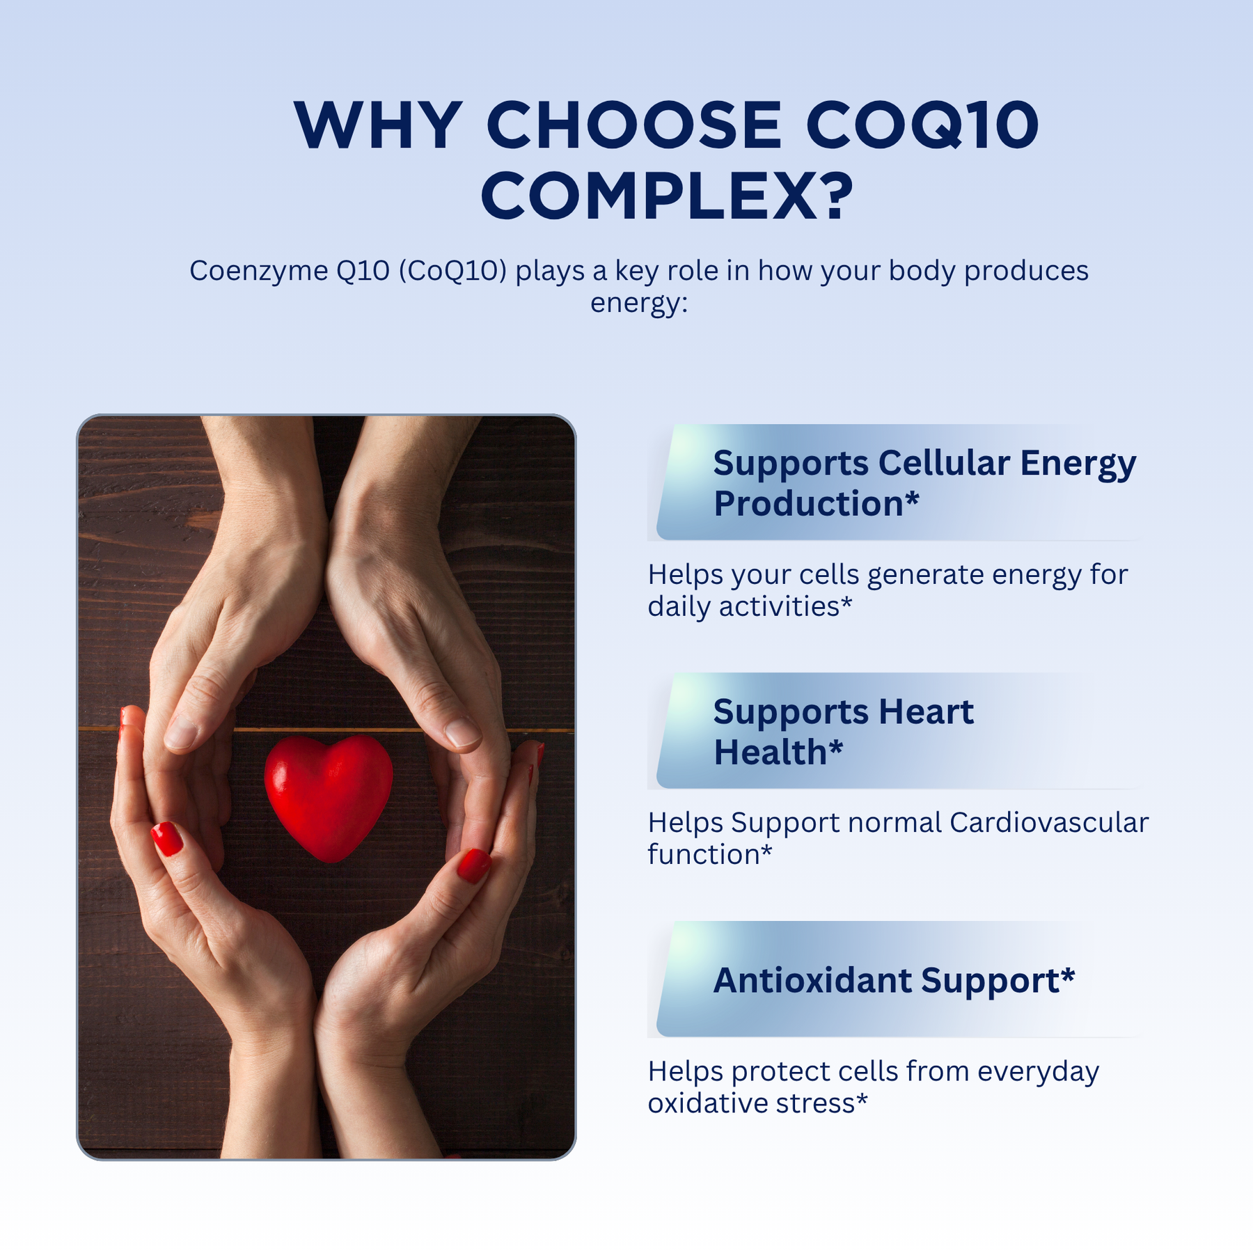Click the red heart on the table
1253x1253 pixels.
pos(329,798)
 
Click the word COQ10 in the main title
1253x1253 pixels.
pos(923,125)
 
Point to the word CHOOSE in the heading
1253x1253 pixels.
pos(634,125)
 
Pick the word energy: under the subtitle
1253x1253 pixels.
pos(639,304)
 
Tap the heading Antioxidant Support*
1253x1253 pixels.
pos(894,980)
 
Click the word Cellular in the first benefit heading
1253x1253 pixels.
pos(944,463)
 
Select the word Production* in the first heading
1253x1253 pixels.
pos(817,503)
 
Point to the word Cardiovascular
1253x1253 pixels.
pos(1048,823)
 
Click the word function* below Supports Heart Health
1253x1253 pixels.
pos(710,855)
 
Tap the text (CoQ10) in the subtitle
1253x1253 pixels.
pos(452,271)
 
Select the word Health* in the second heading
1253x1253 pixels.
pos(778,752)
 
